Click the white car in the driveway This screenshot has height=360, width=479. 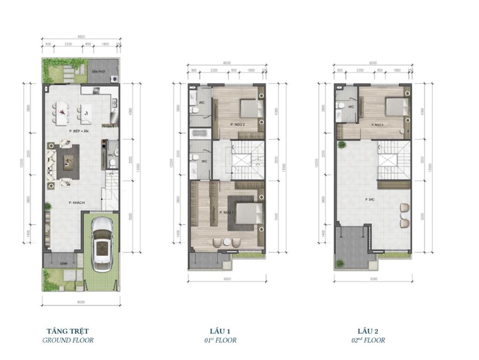102,245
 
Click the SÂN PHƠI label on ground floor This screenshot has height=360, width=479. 98,71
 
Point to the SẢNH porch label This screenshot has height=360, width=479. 63,264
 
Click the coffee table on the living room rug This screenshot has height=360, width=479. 68,162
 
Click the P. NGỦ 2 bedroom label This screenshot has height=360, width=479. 238,124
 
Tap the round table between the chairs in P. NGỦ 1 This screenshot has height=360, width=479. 226,242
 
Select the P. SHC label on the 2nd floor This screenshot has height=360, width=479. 371,199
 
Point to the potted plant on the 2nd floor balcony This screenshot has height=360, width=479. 342,145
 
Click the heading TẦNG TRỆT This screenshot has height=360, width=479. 67,331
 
